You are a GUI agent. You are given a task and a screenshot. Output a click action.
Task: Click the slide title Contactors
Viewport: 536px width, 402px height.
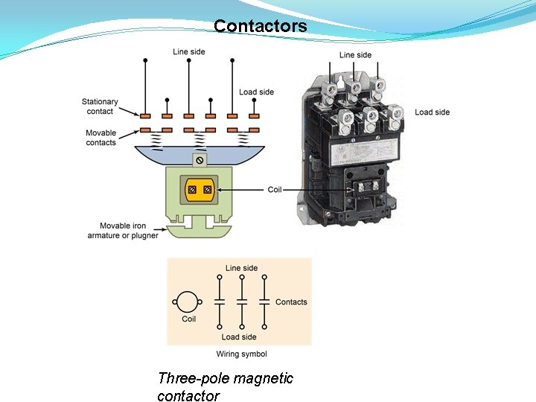coord(260,26)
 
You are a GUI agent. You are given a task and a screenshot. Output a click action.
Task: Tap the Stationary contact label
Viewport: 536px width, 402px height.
coord(100,106)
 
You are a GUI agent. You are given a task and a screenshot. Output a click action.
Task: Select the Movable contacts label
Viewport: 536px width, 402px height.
coord(100,138)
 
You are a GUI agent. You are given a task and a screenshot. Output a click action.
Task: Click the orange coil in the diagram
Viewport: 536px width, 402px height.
coord(200,191)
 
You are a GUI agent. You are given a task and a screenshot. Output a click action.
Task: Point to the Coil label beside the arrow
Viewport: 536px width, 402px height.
coord(275,190)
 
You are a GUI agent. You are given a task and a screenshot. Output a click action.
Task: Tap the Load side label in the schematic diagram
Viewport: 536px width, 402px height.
coord(256,92)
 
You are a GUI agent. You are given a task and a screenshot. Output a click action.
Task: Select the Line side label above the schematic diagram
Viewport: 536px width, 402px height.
coord(188,52)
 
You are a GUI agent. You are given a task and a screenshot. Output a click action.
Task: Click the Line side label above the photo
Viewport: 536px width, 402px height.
coord(355,55)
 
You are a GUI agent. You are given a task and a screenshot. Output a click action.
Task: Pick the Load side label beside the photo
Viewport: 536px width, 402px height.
coord(432,112)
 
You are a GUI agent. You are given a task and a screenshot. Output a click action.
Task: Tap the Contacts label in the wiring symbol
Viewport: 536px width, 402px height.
coord(291,302)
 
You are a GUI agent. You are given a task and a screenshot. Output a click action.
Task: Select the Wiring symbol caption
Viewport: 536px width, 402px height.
coord(241,354)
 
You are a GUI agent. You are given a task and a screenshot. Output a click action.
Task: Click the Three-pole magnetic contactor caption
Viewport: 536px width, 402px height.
coord(225,387)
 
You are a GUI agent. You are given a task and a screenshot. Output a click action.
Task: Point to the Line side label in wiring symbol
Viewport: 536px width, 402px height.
coord(241,268)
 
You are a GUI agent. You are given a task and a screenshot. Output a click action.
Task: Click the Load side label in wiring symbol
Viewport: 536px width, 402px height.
coord(238,337)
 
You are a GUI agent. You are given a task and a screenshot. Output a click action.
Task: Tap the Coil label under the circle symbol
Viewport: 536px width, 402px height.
coord(189,319)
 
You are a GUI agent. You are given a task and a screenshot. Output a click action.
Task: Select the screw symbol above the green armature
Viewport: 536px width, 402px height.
coord(200,161)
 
